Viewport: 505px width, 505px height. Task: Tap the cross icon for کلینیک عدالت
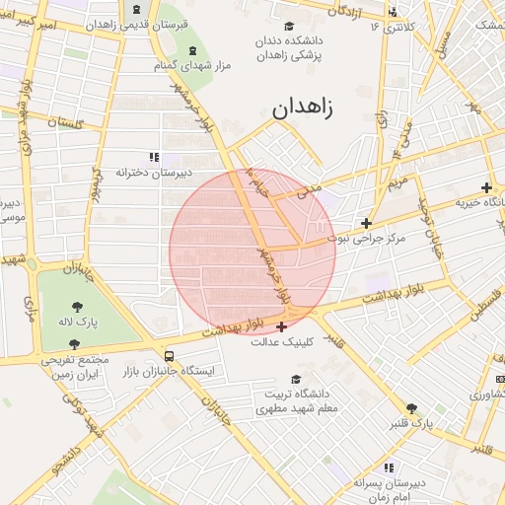[283, 326]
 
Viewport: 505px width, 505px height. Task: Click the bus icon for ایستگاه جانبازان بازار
[170, 356]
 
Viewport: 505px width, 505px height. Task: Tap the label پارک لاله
[78, 322]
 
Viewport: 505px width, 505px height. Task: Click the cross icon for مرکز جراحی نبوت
[367, 223]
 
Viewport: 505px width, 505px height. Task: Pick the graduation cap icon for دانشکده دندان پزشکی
[289, 27]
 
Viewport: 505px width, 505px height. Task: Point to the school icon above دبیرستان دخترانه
[153, 157]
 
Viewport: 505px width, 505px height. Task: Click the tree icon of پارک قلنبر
[411, 408]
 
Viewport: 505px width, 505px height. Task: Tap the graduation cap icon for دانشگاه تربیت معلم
[295, 379]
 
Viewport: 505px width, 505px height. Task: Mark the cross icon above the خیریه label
[486, 187]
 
